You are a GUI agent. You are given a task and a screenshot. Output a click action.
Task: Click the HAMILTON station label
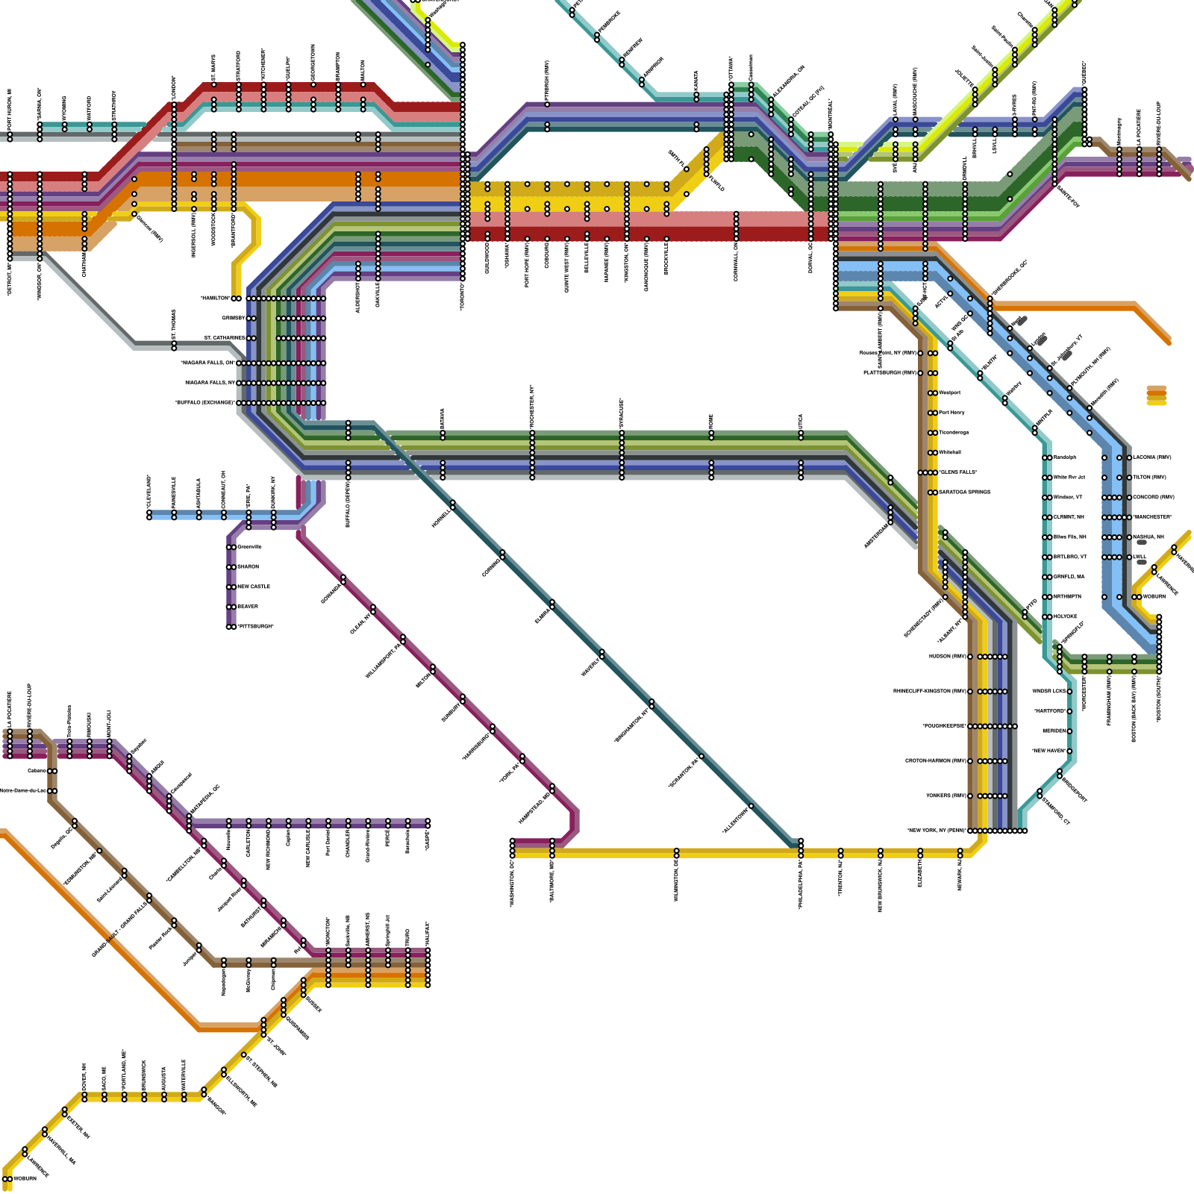click(215, 298)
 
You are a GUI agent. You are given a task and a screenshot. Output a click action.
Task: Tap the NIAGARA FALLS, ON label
click(207, 363)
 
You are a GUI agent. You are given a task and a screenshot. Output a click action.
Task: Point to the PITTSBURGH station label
click(255, 627)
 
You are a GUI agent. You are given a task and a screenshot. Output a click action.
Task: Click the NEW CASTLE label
click(254, 587)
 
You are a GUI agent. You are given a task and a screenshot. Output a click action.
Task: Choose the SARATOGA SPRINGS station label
click(964, 493)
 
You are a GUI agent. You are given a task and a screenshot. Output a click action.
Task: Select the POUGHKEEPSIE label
click(944, 726)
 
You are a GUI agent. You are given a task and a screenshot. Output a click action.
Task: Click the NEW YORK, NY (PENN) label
click(937, 831)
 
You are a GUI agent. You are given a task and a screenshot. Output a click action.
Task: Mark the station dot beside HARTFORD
click(1069, 711)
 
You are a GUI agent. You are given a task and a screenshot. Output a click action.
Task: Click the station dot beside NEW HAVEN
click(1069, 751)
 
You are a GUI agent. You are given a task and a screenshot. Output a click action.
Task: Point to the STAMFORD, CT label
click(1056, 812)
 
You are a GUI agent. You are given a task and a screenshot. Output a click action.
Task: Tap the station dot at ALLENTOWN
click(751, 807)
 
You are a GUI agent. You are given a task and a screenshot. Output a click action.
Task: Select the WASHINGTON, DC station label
click(513, 883)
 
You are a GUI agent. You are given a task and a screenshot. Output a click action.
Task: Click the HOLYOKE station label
click(1066, 616)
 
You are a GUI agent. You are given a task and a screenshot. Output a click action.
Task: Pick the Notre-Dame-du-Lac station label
click(22, 791)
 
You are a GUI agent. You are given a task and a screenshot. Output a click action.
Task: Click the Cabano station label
click(37, 771)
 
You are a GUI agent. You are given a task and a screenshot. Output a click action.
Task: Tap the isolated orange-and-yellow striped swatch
click(1156, 396)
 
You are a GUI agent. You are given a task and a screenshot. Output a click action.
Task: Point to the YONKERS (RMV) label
click(946, 796)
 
